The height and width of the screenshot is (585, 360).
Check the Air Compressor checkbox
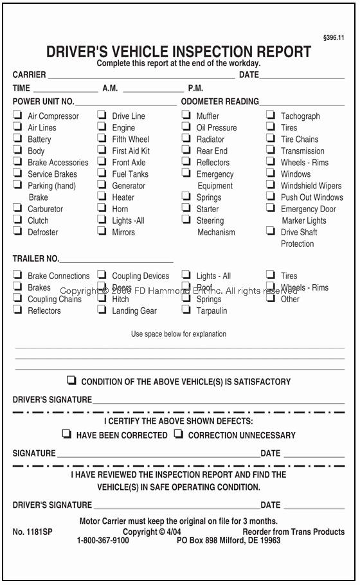pyautogui.click(x=17, y=116)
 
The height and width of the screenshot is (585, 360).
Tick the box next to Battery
pyautogui.click(x=17, y=139)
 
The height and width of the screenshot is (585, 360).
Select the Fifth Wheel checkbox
pyautogui.click(x=102, y=139)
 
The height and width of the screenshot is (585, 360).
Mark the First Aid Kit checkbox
pyautogui.click(x=102, y=150)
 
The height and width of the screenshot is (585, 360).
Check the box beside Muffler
pyautogui.click(x=186, y=116)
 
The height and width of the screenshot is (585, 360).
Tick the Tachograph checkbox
pyautogui.click(x=271, y=116)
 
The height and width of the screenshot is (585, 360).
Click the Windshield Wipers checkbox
pyautogui.click(x=271, y=185)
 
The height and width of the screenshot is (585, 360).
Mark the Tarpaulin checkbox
pyautogui.click(x=186, y=310)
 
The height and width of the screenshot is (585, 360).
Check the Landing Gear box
pyautogui.click(x=102, y=310)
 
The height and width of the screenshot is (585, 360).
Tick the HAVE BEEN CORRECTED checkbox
pyautogui.click(x=66, y=434)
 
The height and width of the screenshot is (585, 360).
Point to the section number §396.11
pyautogui.click(x=333, y=38)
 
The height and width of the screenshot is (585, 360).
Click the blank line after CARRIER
pyautogui.click(x=141, y=76)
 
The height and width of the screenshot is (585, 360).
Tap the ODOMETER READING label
pyautogui.click(x=220, y=102)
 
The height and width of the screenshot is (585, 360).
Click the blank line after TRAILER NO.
pyautogui.click(x=116, y=260)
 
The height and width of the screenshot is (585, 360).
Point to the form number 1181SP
pyautogui.click(x=31, y=532)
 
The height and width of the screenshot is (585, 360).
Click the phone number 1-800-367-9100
pyautogui.click(x=103, y=541)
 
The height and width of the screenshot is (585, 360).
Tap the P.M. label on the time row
pyautogui.click(x=195, y=88)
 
